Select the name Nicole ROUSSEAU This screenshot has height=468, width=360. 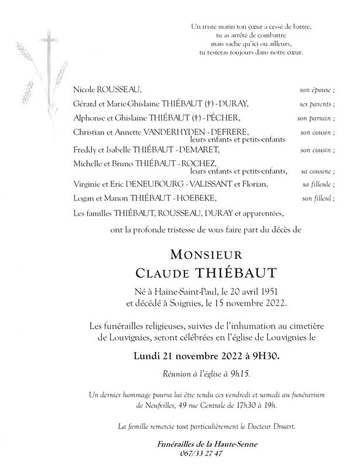coord(108,91)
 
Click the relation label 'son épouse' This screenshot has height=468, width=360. coord(317,91)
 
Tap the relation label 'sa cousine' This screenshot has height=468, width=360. coord(318,171)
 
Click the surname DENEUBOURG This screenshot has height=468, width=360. coord(165,185)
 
